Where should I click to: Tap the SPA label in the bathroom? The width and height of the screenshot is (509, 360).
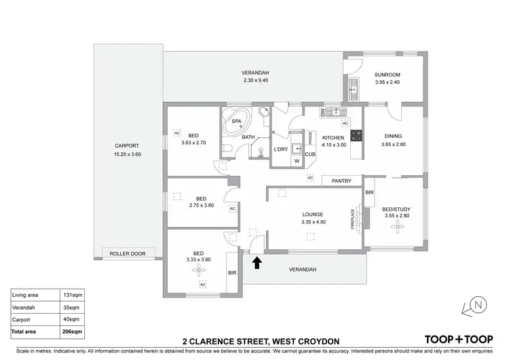point(237,122)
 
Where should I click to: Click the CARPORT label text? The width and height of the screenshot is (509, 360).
point(127,146)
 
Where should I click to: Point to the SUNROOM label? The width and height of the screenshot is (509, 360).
point(388,75)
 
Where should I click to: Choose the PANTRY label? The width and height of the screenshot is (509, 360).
point(341,181)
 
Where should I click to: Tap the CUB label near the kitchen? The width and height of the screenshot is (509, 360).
point(309,154)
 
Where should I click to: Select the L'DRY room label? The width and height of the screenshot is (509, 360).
point(281,149)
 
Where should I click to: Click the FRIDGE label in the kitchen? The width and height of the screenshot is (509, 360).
point(310,138)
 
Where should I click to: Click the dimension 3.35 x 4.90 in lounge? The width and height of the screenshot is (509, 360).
point(313,221)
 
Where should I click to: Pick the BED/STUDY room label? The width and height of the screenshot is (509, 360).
point(396,209)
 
